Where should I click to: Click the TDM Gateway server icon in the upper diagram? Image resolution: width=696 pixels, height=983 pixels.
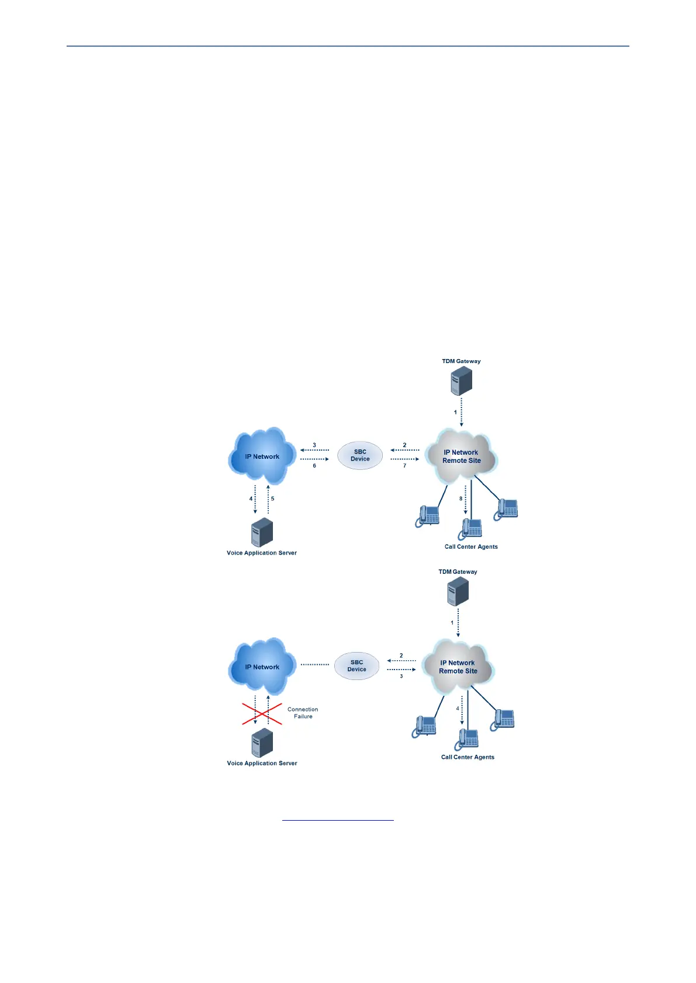click(x=461, y=381)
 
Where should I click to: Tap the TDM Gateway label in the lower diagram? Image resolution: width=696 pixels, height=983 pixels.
click(x=458, y=572)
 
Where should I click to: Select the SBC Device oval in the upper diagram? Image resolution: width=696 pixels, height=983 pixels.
click(x=360, y=455)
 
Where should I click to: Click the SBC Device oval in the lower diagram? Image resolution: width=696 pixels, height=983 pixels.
click(x=356, y=666)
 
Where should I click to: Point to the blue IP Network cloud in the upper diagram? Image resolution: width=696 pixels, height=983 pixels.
click(x=262, y=456)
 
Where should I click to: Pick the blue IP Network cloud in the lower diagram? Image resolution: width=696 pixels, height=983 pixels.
click(x=262, y=667)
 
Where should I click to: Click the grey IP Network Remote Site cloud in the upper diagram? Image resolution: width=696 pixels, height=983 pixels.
click(x=461, y=457)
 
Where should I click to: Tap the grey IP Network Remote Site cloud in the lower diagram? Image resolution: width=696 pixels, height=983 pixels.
click(x=458, y=667)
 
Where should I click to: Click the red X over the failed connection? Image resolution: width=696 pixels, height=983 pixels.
click(x=262, y=714)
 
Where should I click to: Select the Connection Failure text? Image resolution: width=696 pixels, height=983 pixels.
click(x=303, y=713)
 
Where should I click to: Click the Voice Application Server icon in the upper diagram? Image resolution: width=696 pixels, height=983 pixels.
click(x=262, y=532)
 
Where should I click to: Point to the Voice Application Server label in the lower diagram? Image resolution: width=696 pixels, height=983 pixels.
click(x=262, y=763)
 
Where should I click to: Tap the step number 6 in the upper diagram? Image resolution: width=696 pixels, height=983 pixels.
click(x=314, y=466)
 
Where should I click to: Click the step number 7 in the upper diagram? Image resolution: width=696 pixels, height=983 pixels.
click(x=404, y=466)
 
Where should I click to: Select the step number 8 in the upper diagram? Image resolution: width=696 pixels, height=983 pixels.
click(x=460, y=499)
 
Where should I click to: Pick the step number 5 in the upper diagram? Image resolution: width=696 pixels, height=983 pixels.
click(x=272, y=499)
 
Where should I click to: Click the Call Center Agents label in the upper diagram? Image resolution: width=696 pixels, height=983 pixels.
click(x=471, y=547)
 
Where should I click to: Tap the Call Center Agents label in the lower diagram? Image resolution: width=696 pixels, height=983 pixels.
click(x=468, y=757)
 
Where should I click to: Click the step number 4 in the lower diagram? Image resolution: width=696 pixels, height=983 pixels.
click(x=458, y=709)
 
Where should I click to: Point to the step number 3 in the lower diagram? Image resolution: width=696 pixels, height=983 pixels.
click(x=401, y=676)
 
